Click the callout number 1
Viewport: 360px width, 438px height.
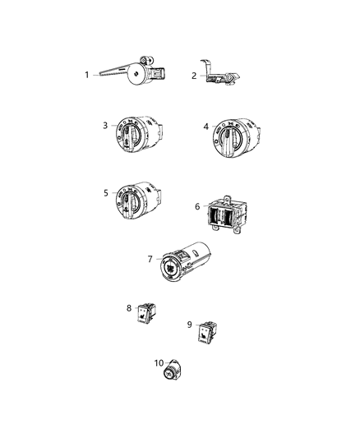pyautogui.click(x=86, y=75)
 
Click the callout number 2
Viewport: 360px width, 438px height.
pyautogui.click(x=194, y=76)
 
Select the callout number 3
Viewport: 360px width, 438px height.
pyautogui.click(x=106, y=125)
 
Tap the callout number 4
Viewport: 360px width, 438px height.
pyautogui.click(x=206, y=127)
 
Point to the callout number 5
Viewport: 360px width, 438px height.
pyautogui.click(x=106, y=193)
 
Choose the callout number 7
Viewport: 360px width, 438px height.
pyautogui.click(x=150, y=259)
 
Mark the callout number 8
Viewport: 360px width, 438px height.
pyautogui.click(x=129, y=308)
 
